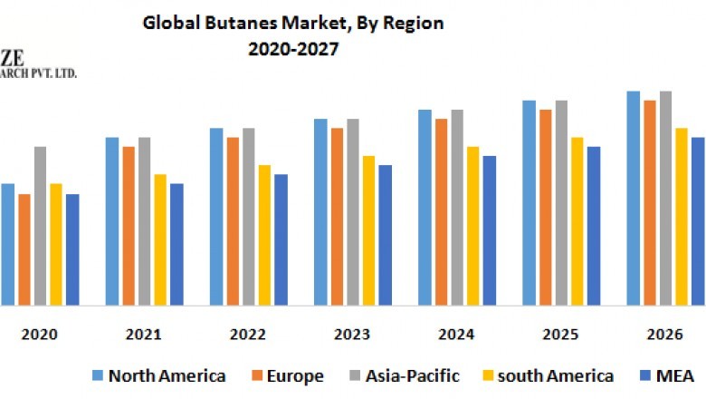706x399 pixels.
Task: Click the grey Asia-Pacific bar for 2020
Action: coord(40,226)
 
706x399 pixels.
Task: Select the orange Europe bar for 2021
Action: coord(129,226)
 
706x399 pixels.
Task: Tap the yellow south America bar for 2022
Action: coord(264,235)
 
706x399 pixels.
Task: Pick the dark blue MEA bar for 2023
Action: coord(385,235)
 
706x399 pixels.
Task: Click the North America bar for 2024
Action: coord(425,208)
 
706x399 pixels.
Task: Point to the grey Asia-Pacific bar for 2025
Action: coord(561,203)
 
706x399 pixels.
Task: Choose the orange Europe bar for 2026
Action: coord(649,203)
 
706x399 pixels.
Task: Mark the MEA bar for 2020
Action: coord(72,249)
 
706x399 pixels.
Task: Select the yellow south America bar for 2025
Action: coord(577,221)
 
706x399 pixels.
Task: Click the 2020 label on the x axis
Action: coord(39,335)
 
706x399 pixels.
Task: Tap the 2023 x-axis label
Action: coord(352,335)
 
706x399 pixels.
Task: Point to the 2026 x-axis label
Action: coord(664,335)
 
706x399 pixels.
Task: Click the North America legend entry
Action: coord(158,375)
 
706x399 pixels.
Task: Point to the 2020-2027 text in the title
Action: coord(293,51)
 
